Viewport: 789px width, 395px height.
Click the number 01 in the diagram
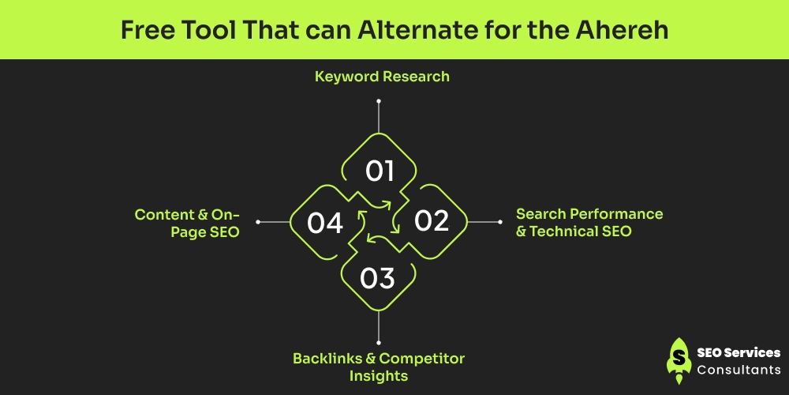380,171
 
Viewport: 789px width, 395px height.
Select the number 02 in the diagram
432,221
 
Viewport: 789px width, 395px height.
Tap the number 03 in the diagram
378,279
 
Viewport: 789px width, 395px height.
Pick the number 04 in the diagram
325,224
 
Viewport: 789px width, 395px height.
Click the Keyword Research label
382,77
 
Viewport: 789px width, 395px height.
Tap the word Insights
379,376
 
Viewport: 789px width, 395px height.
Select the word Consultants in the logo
739,371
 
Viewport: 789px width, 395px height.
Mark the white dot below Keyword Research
379,101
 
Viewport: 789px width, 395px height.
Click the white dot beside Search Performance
500,222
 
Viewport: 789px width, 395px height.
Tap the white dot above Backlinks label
379,342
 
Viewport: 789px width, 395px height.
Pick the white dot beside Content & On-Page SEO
258,222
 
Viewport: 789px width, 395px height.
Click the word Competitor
421,359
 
